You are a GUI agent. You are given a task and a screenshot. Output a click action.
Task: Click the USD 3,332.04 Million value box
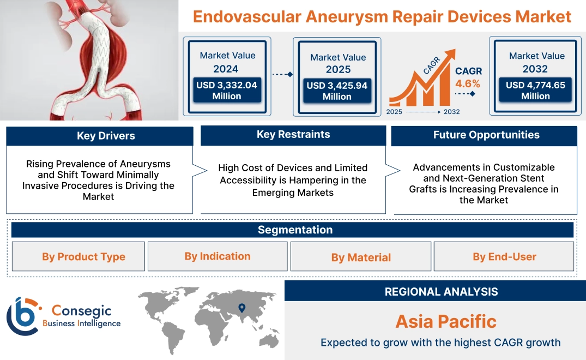coord(226,91)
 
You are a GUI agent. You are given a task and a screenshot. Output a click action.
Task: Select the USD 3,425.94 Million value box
coord(337,91)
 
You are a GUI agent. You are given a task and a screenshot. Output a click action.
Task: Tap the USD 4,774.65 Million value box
coord(535,91)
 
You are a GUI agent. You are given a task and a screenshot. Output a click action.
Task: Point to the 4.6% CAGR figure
coord(468,83)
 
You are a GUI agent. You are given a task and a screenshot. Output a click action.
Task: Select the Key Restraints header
coord(293,135)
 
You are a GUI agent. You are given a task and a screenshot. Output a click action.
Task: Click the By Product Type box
coord(83,257)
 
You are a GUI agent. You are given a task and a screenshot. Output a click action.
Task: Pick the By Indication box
coord(218,256)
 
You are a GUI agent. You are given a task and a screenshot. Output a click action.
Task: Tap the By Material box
coord(361,257)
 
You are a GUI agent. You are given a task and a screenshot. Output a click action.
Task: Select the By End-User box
coord(504,257)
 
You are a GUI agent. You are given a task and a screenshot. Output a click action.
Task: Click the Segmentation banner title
coord(295,230)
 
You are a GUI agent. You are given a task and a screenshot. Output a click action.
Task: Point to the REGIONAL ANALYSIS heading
coord(441,292)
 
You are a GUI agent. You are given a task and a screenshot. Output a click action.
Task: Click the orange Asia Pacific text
coord(446,321)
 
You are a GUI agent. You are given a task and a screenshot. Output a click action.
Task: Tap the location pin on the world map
coord(241,309)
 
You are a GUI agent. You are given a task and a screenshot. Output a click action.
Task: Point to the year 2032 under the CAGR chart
coord(451,112)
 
